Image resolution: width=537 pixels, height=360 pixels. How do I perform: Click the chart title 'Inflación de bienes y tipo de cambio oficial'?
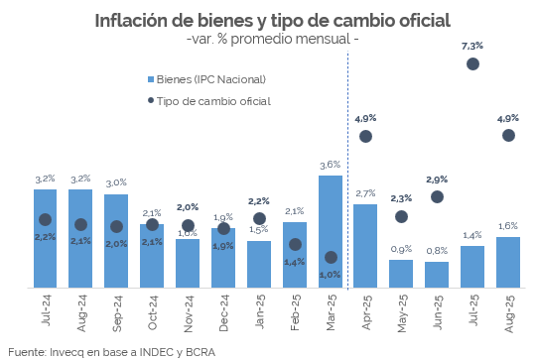click(272, 20)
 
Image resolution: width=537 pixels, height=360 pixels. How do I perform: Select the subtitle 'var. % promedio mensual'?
click(272, 39)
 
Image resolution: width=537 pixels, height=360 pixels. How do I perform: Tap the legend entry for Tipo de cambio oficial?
click(212, 100)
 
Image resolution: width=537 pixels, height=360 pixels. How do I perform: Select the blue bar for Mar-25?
click(331, 233)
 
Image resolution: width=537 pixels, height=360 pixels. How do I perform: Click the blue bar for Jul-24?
click(45, 238)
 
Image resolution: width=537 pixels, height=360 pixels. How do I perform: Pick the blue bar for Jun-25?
click(437, 275)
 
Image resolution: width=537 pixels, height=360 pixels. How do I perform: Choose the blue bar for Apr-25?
click(365, 246)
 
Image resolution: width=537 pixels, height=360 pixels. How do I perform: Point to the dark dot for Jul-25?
click(472, 63)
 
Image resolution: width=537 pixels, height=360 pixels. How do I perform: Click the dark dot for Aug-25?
click(508, 135)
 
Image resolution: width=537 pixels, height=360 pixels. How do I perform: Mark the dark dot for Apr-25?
click(365, 136)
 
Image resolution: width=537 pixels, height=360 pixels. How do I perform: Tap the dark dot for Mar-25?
click(331, 258)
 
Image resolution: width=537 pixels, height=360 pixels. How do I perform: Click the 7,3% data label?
click(472, 46)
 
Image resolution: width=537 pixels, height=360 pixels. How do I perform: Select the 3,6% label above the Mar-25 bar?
click(331, 165)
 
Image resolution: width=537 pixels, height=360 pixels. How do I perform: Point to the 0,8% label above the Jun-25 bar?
click(437, 251)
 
